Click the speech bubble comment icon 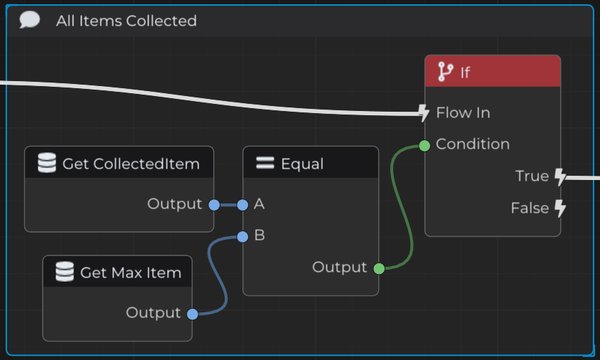[29, 20]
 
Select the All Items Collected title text [126, 21]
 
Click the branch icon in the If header [445, 72]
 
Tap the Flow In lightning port [423, 113]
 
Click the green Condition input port [424, 145]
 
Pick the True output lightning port [560, 177]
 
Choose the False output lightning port [560, 209]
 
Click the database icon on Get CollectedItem [47, 163]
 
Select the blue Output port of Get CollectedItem [214, 205]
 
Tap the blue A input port [243, 205]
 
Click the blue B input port [243, 237]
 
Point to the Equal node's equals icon [265, 163]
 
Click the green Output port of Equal [379, 269]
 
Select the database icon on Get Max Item [65, 272]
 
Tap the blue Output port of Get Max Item [192, 314]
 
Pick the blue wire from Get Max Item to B [218, 275]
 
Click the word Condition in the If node [473, 144]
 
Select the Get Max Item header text [130, 273]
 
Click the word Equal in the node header [302, 164]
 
